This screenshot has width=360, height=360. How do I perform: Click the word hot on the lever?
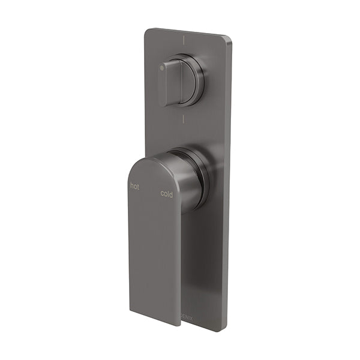136,186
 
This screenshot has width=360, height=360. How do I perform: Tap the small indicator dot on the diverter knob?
163,70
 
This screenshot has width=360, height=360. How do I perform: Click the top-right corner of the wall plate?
230,39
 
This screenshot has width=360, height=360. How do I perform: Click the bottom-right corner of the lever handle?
179,325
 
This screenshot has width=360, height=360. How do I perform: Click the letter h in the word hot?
133,186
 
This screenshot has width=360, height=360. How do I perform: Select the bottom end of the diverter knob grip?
168,104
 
